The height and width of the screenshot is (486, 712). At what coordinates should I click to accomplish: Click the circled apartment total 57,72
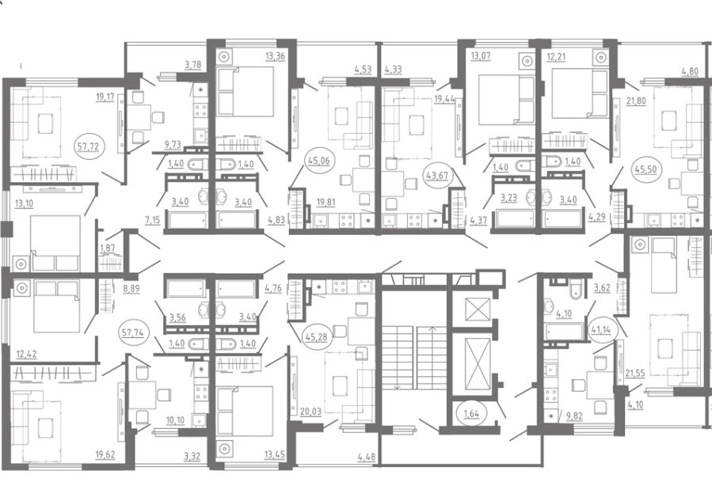[89, 147]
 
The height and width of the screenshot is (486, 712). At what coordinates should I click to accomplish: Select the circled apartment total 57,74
[132, 332]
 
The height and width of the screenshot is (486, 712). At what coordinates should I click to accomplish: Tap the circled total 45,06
[318, 160]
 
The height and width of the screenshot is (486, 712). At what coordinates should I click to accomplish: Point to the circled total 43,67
[438, 175]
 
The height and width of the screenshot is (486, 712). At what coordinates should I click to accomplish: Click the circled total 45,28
[317, 338]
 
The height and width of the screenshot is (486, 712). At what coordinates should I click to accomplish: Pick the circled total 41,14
[601, 329]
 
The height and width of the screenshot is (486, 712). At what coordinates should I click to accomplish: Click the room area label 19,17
[105, 97]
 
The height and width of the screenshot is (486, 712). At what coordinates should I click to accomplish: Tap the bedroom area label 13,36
[275, 56]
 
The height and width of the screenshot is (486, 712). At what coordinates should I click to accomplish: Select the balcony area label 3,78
[193, 65]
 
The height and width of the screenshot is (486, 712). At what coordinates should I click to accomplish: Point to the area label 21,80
[636, 101]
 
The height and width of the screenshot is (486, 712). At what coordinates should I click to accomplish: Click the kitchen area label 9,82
[574, 416]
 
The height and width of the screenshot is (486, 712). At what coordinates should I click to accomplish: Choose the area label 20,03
[310, 412]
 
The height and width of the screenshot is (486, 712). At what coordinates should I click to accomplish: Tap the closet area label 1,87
[108, 249]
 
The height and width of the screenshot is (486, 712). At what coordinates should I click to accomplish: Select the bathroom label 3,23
[508, 199]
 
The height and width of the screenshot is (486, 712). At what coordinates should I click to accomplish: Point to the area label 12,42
[26, 354]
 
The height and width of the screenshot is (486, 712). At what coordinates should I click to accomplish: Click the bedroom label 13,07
[481, 56]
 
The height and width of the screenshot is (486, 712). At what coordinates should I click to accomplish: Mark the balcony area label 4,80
[690, 71]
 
